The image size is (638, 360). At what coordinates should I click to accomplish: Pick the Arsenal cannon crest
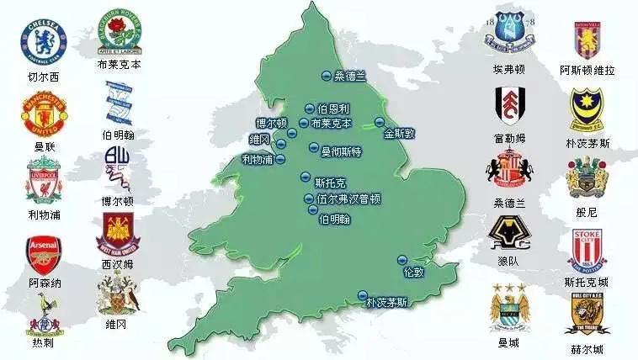pyautogui.click(x=43, y=253)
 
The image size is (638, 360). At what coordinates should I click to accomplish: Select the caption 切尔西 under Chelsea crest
pyautogui.click(x=42, y=77)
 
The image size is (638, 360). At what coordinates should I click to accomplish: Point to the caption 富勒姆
pyautogui.click(x=510, y=138)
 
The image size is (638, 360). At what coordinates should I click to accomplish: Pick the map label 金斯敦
pyautogui.click(x=401, y=133)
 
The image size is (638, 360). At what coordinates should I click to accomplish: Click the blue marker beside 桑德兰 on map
pyautogui.click(x=325, y=77)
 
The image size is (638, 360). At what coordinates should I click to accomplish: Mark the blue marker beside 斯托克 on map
pyautogui.click(x=305, y=177)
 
